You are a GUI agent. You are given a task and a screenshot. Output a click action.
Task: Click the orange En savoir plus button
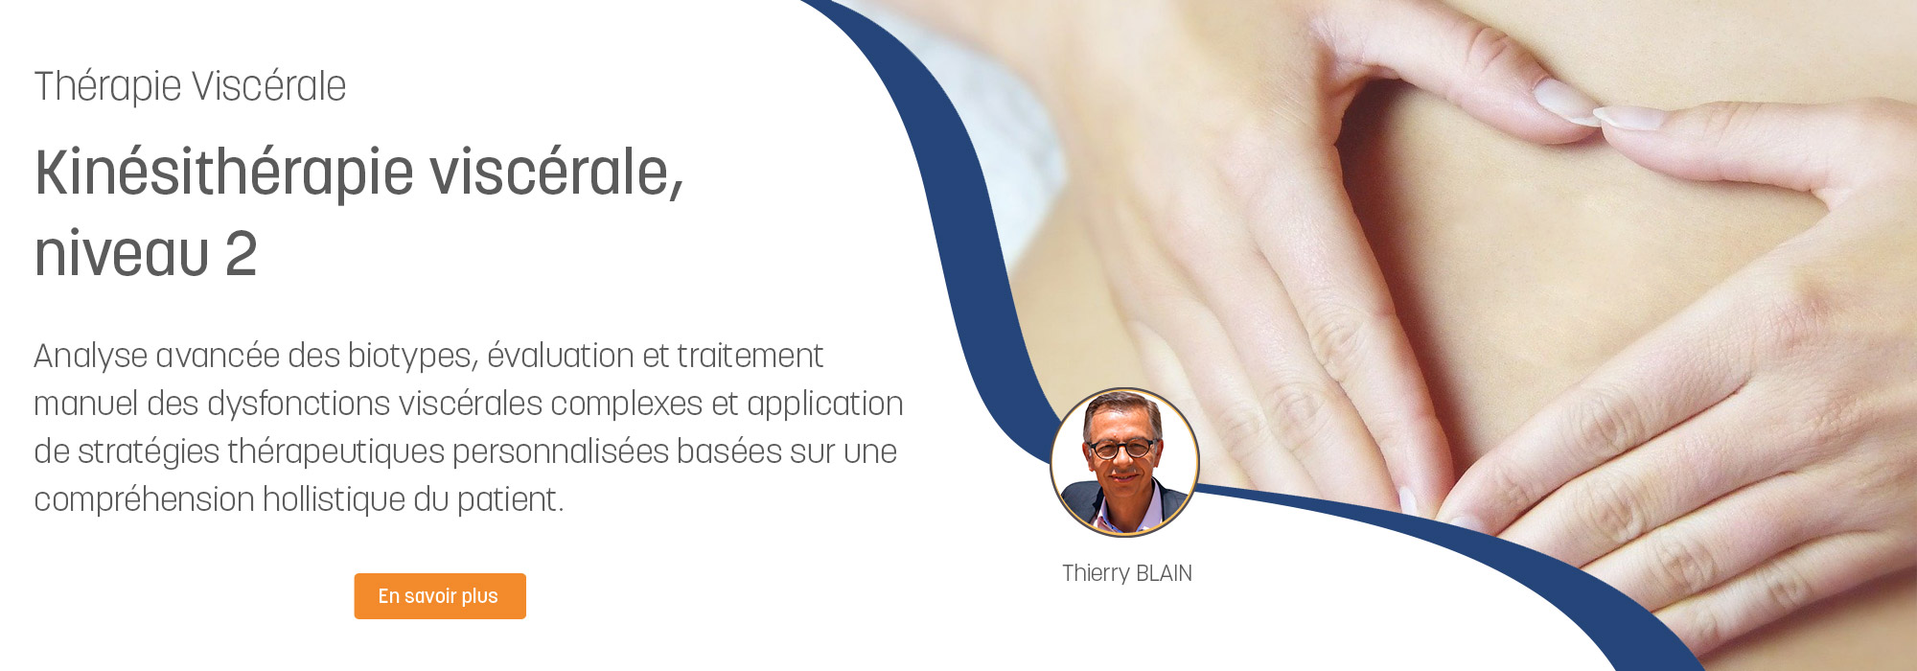tap(440, 596)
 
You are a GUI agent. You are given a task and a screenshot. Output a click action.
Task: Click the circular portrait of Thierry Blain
tap(1124, 462)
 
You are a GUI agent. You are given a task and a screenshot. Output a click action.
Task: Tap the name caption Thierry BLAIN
tap(1127, 573)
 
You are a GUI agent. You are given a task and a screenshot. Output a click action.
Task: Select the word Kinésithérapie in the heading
tap(224, 174)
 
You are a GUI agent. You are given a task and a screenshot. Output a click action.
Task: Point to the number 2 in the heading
tap(242, 254)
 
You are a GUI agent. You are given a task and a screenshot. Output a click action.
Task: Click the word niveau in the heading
tap(122, 254)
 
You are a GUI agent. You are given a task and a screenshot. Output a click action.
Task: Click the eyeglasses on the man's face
tap(1121, 448)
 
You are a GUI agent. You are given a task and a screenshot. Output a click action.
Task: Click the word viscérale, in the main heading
tap(556, 174)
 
